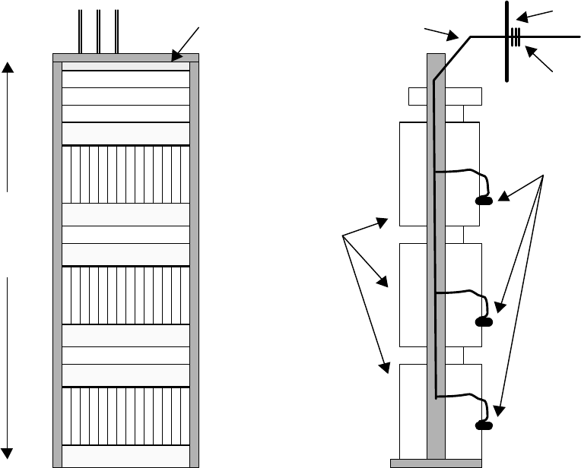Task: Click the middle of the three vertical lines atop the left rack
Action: click(99, 32)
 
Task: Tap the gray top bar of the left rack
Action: click(125, 57)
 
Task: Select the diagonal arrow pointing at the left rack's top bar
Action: click(186, 42)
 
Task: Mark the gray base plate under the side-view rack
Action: click(435, 462)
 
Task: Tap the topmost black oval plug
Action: click(484, 201)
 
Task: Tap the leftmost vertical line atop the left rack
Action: click(81, 32)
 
